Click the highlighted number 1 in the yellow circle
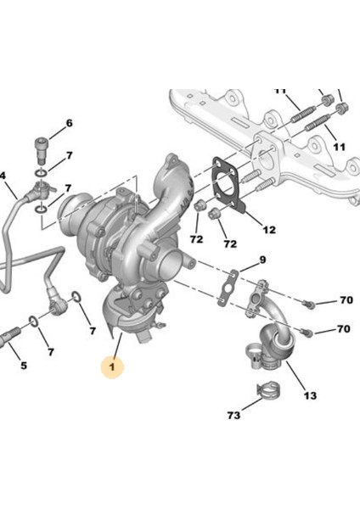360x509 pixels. [112, 367]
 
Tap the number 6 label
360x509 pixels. [70, 123]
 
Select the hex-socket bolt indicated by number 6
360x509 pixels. [41, 151]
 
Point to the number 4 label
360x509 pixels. [3, 176]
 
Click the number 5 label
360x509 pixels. [24, 366]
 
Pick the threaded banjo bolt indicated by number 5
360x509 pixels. [9, 336]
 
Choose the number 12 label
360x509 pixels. [269, 230]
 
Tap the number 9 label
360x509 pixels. [262, 260]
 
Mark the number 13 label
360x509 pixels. [310, 395]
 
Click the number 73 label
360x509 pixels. [234, 415]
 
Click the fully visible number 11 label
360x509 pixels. [339, 148]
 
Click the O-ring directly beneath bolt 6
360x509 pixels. [42, 172]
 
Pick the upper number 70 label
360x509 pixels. [346, 300]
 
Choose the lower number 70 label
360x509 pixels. [344, 329]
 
